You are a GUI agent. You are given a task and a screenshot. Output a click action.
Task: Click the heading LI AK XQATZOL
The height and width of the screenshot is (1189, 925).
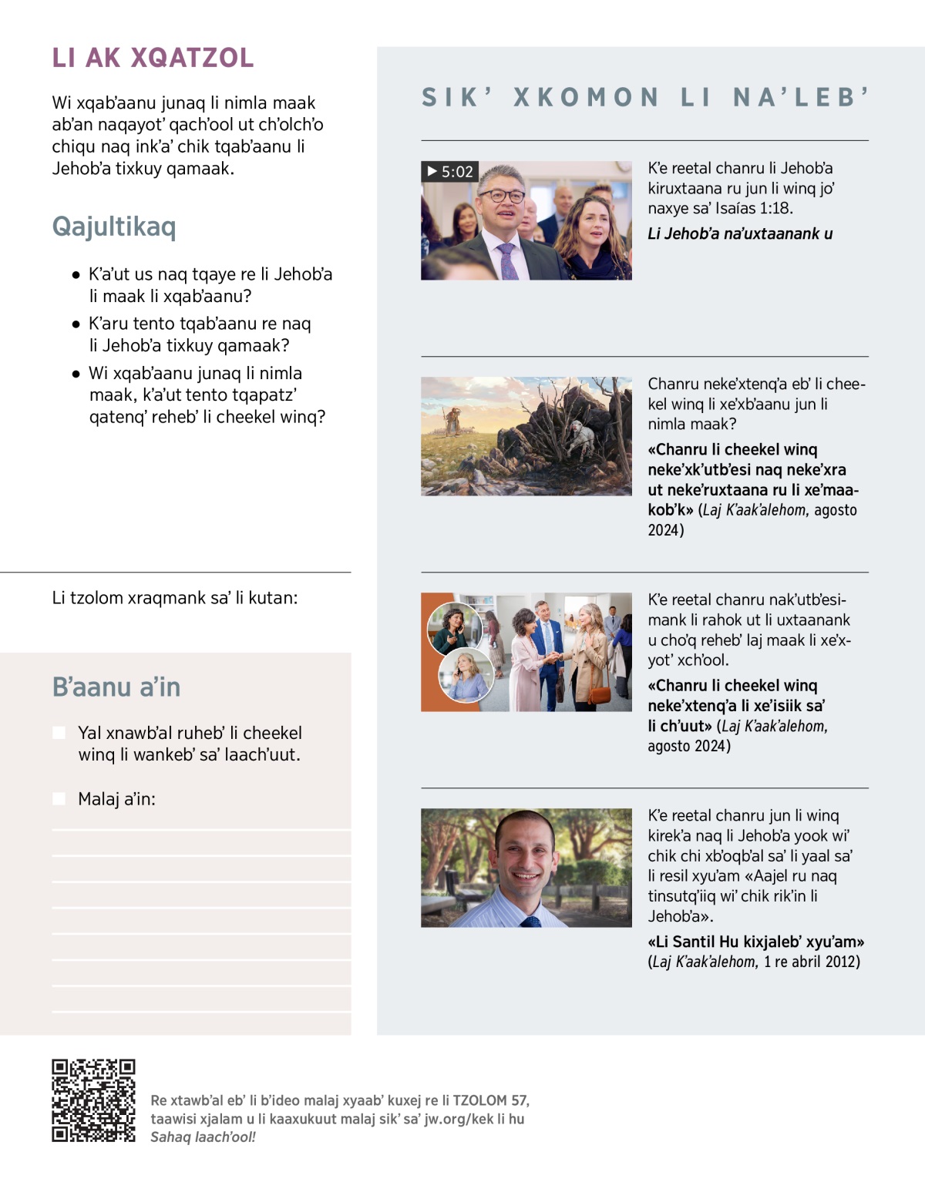(x=153, y=58)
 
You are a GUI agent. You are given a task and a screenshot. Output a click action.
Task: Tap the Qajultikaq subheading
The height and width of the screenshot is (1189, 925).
(x=114, y=227)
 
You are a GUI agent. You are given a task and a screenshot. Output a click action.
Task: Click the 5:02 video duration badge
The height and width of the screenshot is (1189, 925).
(x=450, y=172)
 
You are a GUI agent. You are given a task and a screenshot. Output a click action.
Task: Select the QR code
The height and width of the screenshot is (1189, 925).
(x=93, y=1100)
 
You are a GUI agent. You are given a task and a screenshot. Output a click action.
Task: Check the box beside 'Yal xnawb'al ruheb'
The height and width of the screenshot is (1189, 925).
(x=59, y=733)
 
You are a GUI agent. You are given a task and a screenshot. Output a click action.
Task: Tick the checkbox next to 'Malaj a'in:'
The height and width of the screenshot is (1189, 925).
(x=59, y=799)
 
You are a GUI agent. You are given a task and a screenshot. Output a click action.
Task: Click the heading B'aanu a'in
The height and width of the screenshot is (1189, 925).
(x=116, y=687)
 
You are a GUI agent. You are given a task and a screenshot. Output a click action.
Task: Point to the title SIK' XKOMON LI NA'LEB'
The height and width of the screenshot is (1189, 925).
(x=644, y=97)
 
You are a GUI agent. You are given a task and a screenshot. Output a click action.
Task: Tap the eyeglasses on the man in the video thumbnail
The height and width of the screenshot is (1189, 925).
(x=502, y=196)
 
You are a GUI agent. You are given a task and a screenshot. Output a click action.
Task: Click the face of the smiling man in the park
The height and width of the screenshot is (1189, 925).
(x=526, y=855)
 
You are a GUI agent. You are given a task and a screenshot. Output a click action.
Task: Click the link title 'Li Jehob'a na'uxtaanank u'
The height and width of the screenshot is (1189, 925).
(x=740, y=233)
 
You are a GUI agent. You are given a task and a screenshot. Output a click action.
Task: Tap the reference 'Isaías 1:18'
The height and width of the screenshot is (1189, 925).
(x=758, y=208)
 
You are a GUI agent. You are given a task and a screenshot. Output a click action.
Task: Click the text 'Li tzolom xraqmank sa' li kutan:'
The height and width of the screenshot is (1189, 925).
(x=175, y=598)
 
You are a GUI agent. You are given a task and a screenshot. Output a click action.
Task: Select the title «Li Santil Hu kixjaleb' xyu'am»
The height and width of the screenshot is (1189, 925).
(x=755, y=942)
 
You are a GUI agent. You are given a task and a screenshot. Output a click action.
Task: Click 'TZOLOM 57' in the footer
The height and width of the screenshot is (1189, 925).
(x=490, y=1100)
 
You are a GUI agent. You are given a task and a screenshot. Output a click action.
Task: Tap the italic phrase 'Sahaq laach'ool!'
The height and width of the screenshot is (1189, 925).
(x=203, y=1137)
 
